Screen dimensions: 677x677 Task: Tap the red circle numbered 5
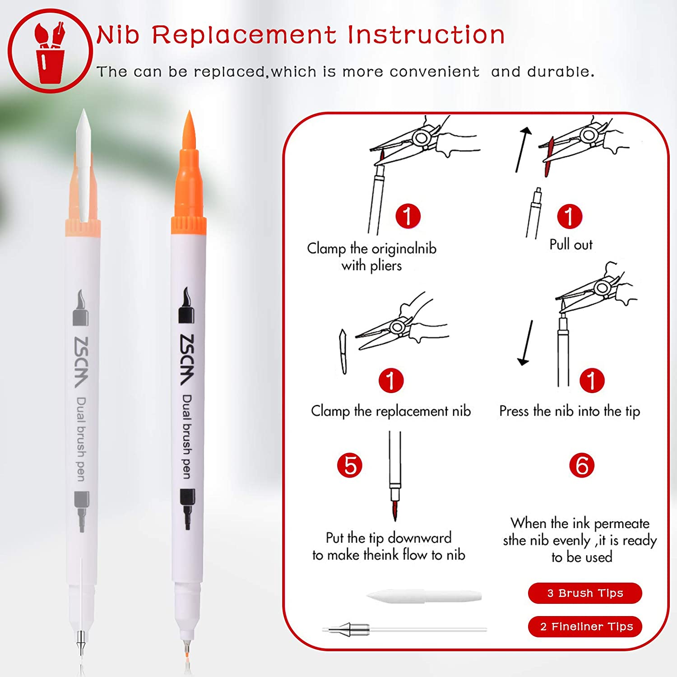click(350, 465)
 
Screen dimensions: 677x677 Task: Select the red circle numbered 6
click(582, 465)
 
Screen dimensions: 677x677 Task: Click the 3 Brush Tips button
click(585, 593)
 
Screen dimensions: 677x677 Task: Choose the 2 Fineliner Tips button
click(585, 626)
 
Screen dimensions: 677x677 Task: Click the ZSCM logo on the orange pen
click(187, 360)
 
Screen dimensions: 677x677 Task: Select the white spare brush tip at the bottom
click(424, 596)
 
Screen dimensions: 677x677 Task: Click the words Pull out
click(571, 244)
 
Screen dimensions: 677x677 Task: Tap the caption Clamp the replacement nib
click(391, 411)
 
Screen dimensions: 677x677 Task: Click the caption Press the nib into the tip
click(570, 411)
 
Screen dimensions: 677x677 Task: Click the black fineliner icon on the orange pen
click(188, 509)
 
